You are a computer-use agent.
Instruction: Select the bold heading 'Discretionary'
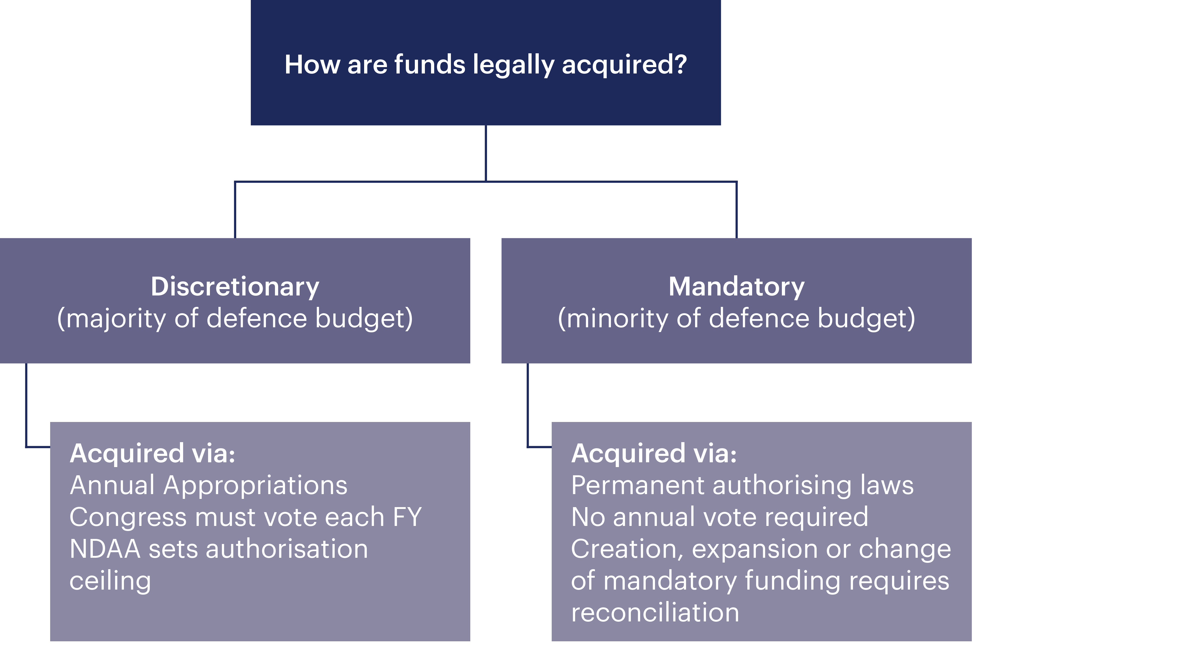235,287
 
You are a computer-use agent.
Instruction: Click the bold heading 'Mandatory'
736,287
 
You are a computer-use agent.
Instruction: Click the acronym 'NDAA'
105,549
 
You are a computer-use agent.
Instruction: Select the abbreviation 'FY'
407,517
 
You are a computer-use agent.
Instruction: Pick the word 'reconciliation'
655,613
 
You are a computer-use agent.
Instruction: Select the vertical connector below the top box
486,153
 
